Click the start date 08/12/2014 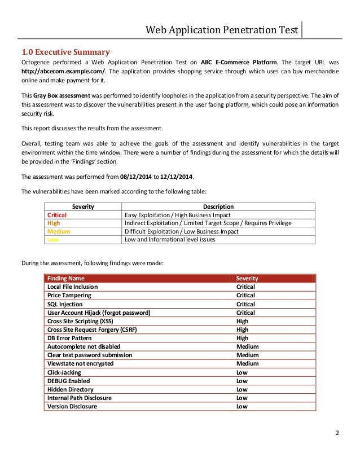[x=135, y=176]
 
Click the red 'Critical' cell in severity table [x=56, y=215]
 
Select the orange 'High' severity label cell [x=54, y=223]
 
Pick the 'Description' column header [x=218, y=207]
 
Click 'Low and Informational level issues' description [x=170, y=239]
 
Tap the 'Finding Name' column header [x=66, y=278]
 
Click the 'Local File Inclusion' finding [x=72, y=287]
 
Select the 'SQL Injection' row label [x=65, y=304]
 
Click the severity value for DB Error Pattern [x=242, y=338]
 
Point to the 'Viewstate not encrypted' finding [x=80, y=364]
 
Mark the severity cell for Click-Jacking [x=242, y=372]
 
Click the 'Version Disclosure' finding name [x=72, y=406]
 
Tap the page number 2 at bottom [x=337, y=433]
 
